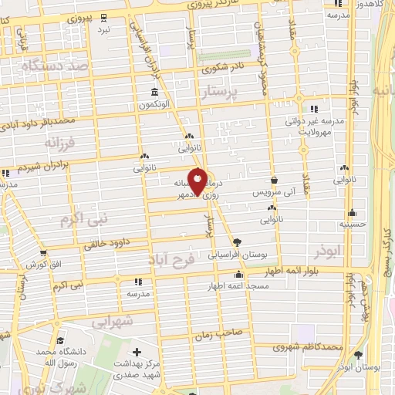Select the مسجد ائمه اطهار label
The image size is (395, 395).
(x=238, y=286)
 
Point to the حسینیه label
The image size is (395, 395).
(x=352, y=225)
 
